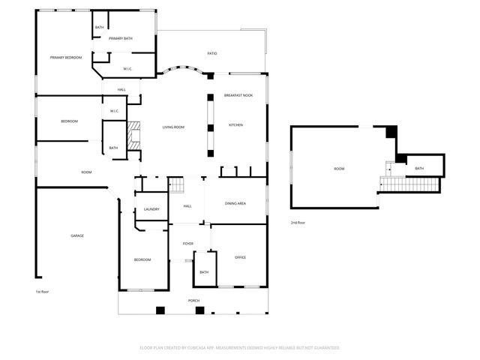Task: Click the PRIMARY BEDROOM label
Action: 66,58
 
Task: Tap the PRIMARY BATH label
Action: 121,38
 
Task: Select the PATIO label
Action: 212,53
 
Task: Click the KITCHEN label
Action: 235,125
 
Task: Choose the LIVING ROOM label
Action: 173,127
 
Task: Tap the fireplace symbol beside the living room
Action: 133,135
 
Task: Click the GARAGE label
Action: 77,235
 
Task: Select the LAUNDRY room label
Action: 151,209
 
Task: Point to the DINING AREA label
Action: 236,203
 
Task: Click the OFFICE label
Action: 240,257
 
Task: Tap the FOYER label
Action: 187,244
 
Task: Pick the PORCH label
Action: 193,301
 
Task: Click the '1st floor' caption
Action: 42,292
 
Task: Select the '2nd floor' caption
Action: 298,223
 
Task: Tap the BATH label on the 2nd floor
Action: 419,168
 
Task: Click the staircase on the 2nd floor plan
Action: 409,184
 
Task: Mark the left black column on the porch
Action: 159,310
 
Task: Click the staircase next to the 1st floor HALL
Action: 175,185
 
